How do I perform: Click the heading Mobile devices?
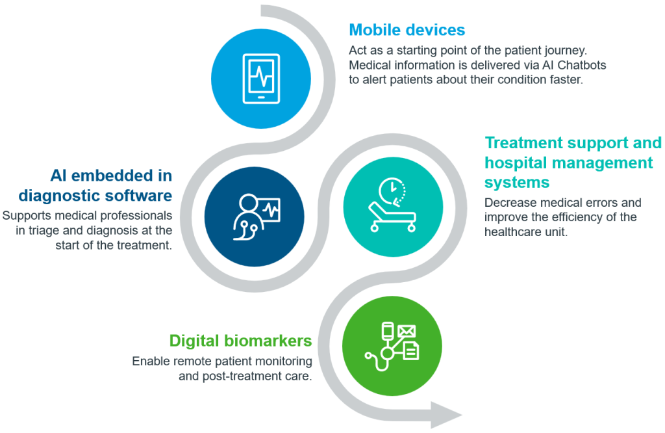tap(407, 30)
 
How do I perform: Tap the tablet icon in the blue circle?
tap(261, 79)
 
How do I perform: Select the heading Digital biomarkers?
tap(240, 341)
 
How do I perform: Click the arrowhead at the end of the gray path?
tap(446, 415)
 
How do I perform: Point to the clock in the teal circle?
tap(392, 191)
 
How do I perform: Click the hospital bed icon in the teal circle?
tap(392, 217)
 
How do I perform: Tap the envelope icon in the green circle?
tap(407, 331)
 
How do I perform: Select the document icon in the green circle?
tap(410, 350)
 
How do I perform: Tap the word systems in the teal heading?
tap(517, 183)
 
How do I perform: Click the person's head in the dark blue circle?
tap(248, 202)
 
